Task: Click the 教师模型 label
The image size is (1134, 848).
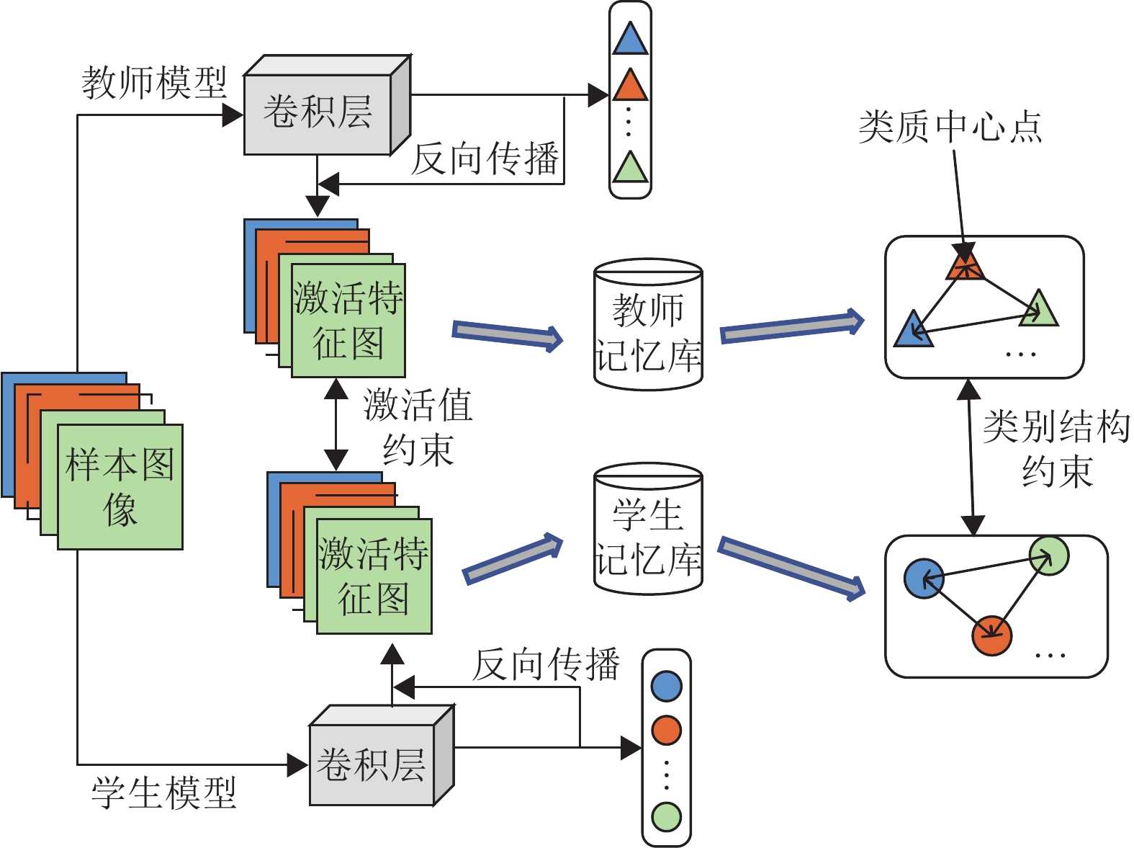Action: [154, 83]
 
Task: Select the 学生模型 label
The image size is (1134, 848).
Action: [164, 793]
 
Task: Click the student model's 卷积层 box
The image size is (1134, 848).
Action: [372, 764]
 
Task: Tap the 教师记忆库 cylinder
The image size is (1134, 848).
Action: [648, 326]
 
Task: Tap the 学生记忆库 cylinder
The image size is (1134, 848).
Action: [648, 530]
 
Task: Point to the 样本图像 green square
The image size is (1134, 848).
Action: [120, 487]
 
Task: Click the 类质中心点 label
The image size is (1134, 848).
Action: [950, 128]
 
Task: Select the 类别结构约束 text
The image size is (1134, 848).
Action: [1056, 449]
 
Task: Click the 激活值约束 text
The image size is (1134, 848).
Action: [418, 427]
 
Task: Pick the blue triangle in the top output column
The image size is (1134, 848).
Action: [630, 40]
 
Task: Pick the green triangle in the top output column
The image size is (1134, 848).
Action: [630, 169]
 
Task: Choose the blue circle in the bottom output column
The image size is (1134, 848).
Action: [666, 686]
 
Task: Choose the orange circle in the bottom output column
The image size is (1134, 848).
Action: [666, 730]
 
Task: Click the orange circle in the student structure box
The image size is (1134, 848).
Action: [991, 635]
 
